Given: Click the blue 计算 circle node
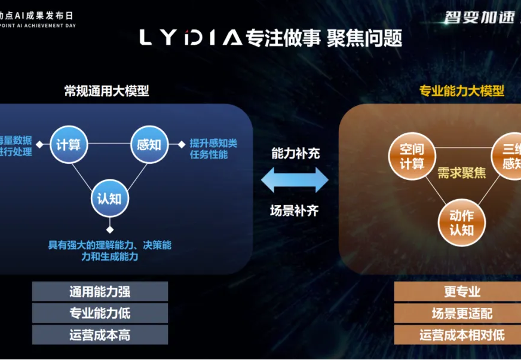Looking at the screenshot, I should tap(69, 144).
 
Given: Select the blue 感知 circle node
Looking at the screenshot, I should tap(149, 144).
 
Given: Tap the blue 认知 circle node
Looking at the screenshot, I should tap(109, 198).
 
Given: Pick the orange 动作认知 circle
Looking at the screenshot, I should tap(461, 222).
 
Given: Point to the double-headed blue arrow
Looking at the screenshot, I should tap(295, 179).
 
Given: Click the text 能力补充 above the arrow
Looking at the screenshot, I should tap(295, 153).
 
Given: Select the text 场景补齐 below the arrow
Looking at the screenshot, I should tap(295, 210).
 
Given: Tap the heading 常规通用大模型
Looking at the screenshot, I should tap(106, 91).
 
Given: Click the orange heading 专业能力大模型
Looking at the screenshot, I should tap(462, 91).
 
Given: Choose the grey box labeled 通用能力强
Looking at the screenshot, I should tap(100, 292).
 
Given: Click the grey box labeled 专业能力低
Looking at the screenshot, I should tap(100, 313).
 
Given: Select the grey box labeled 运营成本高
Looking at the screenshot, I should tap(100, 335).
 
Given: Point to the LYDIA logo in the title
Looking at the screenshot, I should tap(191, 38).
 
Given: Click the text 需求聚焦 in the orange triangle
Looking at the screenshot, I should tap(461, 174).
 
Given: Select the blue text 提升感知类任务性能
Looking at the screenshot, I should tap(213, 149).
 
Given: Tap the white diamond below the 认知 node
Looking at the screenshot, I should tap(109, 229).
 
